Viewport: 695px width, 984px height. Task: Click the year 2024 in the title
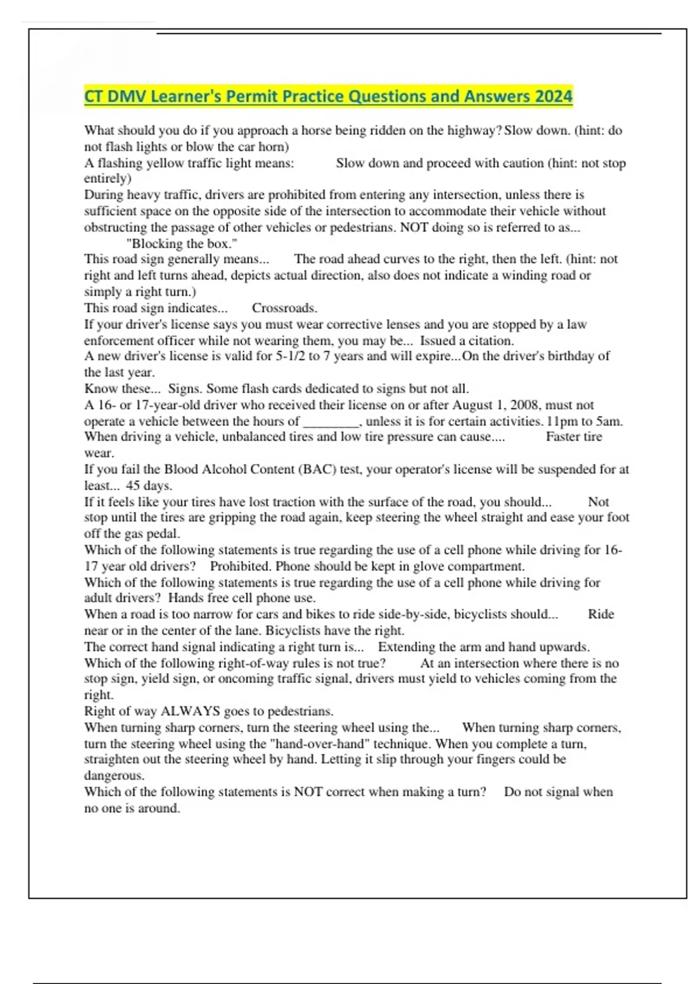coord(554,96)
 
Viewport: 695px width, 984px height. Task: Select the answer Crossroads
coord(284,308)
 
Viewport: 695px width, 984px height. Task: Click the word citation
coord(491,340)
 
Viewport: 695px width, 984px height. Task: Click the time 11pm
coord(562,421)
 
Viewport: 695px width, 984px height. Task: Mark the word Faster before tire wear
coord(565,437)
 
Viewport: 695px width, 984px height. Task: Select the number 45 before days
coord(133,486)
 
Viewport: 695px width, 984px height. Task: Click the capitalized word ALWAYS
coord(190,711)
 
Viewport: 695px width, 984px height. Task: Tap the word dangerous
coord(114,776)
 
